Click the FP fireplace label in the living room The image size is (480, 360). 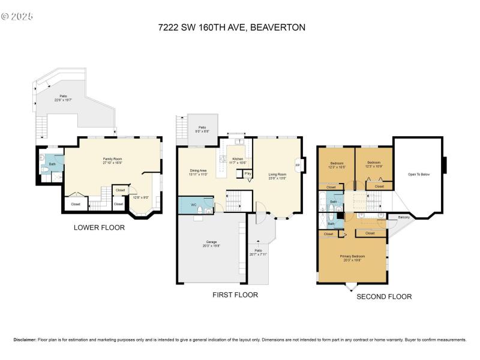298,164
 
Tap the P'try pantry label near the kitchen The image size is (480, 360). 247,174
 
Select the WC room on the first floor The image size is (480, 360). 193,205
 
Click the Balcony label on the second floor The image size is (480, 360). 403,217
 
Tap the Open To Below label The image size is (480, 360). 418,175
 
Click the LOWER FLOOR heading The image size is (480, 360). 99,227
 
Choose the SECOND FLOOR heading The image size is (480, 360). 384,296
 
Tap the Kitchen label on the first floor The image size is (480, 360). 237,159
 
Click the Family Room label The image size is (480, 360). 112,158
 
